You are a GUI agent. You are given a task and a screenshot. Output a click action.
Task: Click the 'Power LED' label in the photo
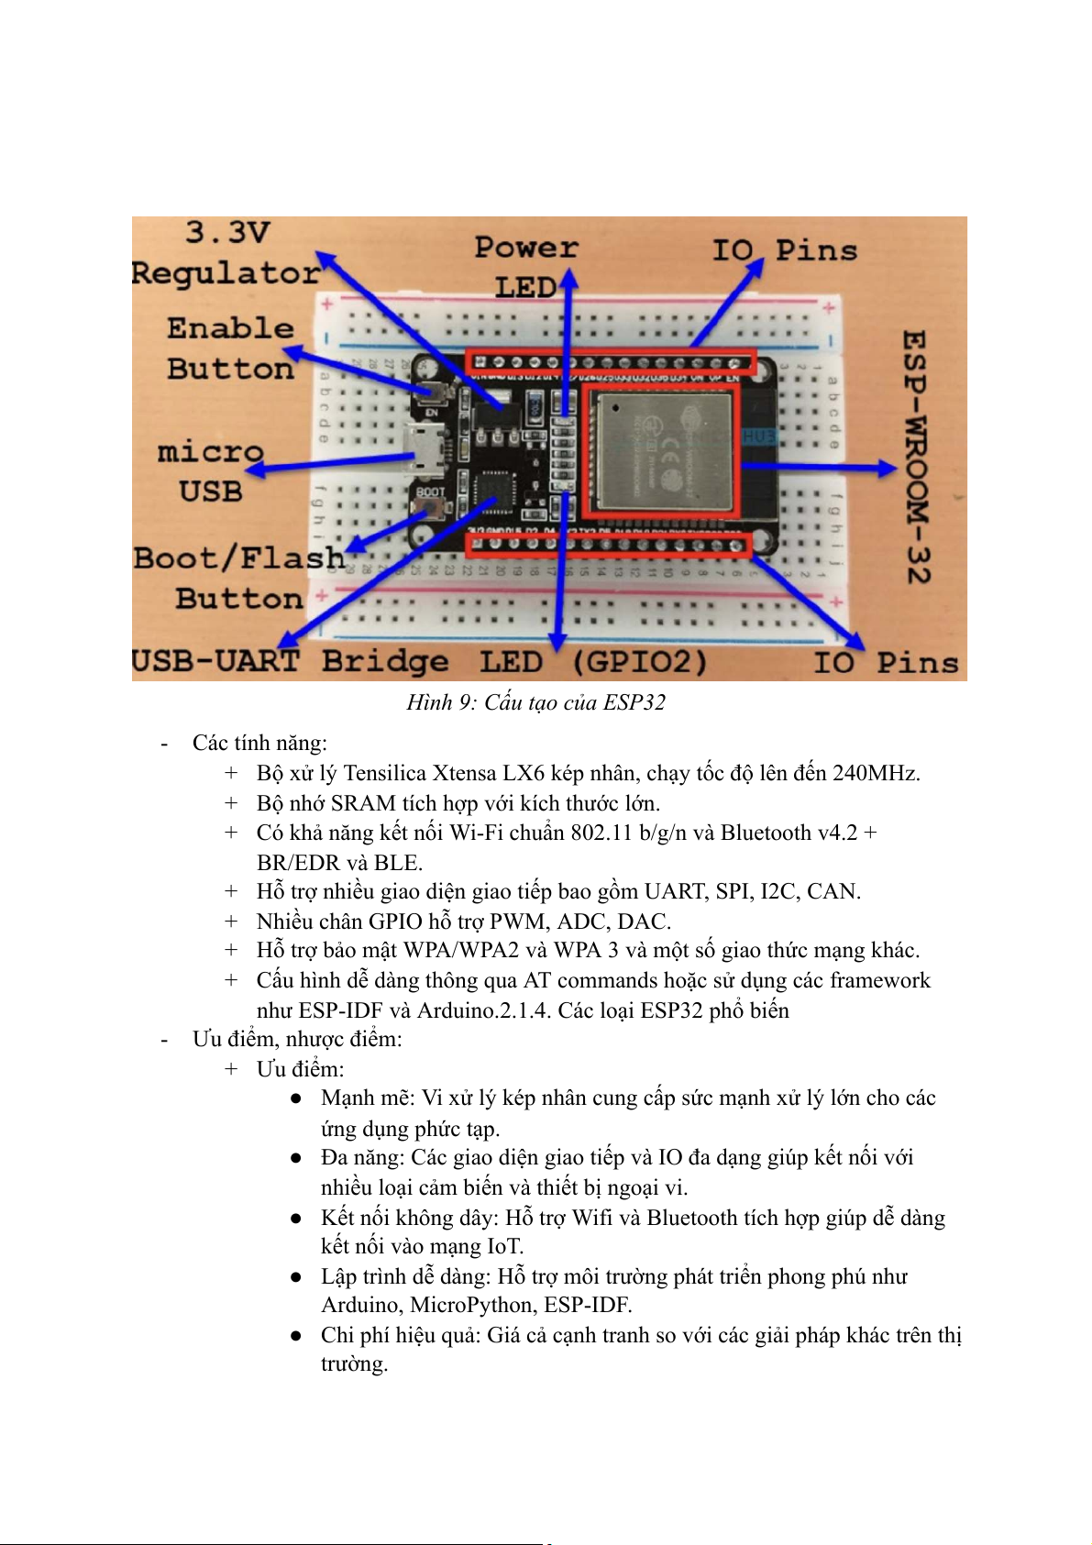526,267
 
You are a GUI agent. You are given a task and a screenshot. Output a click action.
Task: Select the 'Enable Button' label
230,348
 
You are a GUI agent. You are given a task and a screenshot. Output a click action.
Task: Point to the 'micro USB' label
211,471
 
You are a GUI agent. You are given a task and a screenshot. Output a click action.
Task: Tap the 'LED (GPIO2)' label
594,661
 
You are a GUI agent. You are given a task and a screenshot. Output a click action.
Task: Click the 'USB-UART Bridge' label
290,661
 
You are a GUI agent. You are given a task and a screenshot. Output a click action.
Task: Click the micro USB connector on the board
423,448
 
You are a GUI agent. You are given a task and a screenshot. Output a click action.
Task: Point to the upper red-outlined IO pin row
610,362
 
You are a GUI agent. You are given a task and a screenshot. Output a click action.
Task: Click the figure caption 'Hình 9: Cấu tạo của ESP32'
535,702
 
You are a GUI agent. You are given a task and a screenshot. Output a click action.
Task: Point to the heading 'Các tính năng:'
259,743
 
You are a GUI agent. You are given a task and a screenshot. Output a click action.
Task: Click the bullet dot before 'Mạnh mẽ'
296,1098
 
